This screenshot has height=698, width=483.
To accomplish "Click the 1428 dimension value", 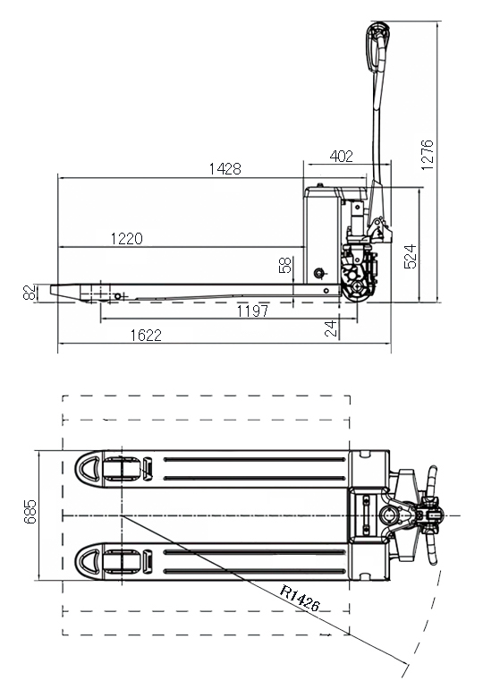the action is click(225, 169).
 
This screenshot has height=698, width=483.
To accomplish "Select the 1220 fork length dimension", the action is click(127, 239).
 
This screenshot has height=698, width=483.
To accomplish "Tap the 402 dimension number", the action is click(342, 157).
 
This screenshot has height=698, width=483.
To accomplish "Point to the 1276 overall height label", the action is click(427, 155).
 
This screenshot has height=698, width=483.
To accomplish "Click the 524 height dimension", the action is click(410, 257).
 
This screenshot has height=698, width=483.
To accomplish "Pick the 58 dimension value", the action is click(285, 265).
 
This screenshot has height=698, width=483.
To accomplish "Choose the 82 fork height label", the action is click(30, 293).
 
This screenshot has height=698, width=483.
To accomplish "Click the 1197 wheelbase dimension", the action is click(252, 311).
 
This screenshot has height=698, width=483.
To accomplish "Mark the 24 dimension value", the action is click(330, 328).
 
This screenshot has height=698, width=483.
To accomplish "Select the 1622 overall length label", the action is click(146, 335).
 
